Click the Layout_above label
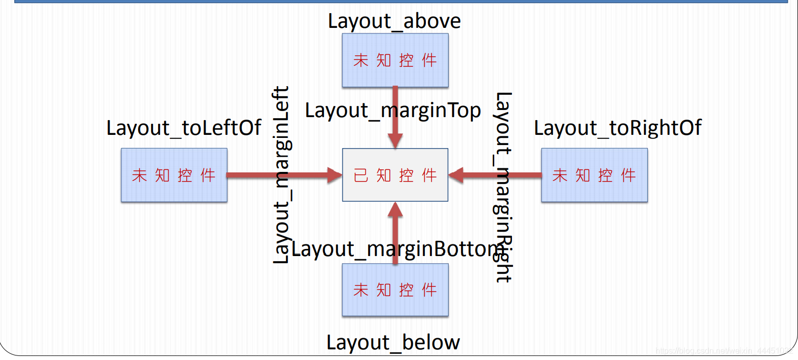coord(394,21)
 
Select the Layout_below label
coord(393,343)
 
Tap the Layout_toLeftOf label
coord(184,128)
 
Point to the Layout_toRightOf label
coord(618,128)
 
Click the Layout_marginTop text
coord(392,111)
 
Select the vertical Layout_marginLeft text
coord(281,175)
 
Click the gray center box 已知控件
coord(395,175)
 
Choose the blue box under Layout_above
coord(395,60)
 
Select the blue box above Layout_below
coord(395,290)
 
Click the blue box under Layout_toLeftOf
coord(174,175)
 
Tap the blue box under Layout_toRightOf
coord(594,175)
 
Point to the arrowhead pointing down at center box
coord(395,140)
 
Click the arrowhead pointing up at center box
coord(395,210)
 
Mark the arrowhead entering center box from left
coord(335,175)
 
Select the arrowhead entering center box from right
coord(456,175)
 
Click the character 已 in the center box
coord(360,175)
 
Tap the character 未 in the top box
coord(360,60)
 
